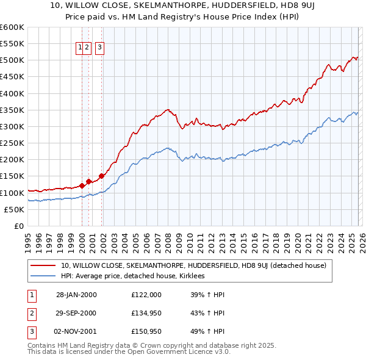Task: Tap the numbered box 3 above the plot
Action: coord(100,48)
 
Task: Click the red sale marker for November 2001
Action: coord(101,176)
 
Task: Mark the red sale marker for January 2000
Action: coord(82,185)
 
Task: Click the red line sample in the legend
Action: coord(43,265)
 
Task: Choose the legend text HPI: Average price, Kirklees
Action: coord(132,276)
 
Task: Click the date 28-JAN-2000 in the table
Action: coord(76,295)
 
